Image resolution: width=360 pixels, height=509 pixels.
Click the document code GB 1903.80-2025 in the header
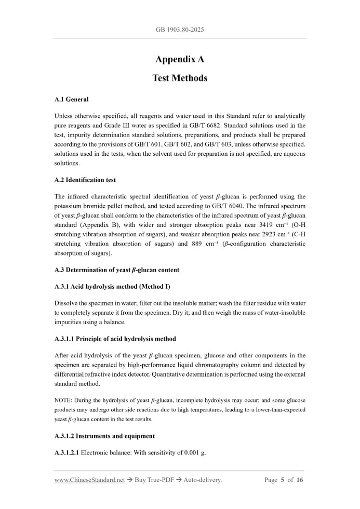(x=180, y=30)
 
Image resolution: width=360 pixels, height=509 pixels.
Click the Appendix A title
(x=180, y=59)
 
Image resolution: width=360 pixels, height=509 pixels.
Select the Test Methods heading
(x=180, y=78)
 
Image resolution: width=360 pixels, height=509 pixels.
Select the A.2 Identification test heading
(x=85, y=180)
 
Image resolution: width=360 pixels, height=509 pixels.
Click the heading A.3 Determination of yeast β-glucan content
(x=117, y=270)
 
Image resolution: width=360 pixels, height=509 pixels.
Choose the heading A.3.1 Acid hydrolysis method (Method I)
(x=112, y=287)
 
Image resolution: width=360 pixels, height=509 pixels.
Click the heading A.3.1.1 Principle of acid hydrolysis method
(x=115, y=339)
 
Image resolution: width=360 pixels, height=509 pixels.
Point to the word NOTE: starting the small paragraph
(x=63, y=400)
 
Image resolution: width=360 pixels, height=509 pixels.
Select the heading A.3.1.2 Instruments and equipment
(x=104, y=436)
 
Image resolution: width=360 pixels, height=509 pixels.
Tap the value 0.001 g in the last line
(x=194, y=452)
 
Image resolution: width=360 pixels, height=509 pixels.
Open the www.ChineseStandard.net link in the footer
(x=89, y=480)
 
